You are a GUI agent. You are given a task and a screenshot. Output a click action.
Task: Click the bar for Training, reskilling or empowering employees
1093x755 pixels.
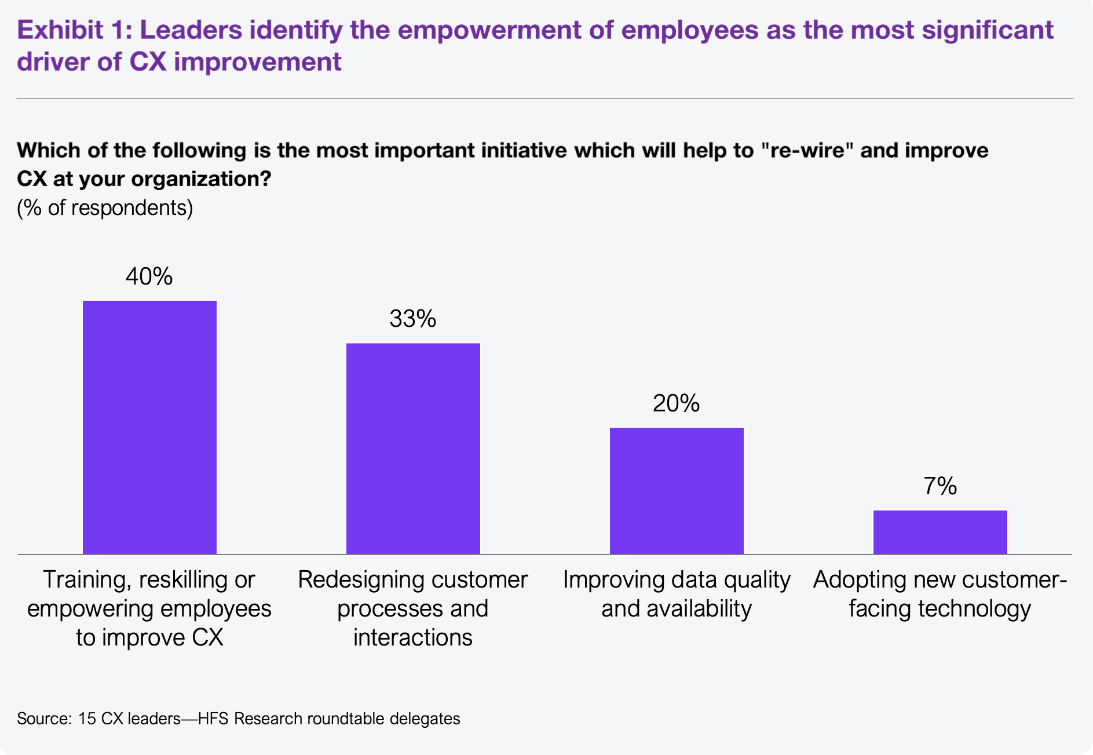point(149,427)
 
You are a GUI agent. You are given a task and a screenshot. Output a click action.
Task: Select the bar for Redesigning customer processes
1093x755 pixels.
point(413,448)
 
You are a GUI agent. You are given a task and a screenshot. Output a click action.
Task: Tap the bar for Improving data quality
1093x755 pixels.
point(677,491)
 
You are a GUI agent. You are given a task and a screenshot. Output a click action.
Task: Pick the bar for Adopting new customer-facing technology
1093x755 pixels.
point(940,532)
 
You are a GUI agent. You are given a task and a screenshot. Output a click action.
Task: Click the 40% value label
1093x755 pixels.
point(149,276)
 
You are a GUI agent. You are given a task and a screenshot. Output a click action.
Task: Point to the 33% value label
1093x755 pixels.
point(413,319)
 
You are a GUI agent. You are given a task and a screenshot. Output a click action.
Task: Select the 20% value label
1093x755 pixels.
point(677,403)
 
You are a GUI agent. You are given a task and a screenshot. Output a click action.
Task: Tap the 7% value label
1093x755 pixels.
point(940,486)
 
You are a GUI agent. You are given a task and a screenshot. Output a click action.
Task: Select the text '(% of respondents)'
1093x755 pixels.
point(105,208)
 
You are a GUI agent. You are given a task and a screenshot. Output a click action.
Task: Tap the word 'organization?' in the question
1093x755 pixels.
point(201,179)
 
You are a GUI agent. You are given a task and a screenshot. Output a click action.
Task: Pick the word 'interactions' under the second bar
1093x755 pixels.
point(413,637)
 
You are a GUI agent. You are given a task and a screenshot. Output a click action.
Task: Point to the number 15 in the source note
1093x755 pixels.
point(86,719)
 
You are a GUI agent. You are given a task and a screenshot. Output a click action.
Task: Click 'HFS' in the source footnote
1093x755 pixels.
point(214,719)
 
